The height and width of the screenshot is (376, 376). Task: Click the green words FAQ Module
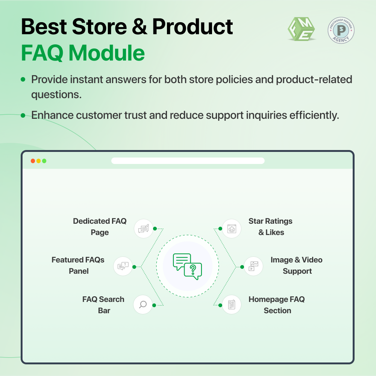coord(83,53)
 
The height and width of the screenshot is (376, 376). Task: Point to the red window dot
coord(33,161)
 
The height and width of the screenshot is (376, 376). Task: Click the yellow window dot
coord(38,161)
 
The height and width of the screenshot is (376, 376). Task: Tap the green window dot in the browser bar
coord(44,161)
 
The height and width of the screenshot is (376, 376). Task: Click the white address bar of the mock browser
coord(188,161)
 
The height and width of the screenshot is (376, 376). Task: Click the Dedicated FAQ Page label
coord(100,227)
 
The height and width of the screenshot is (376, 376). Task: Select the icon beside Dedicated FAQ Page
coord(143,229)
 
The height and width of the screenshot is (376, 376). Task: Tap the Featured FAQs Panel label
coord(78,265)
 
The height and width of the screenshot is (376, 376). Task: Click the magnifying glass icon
coord(143,305)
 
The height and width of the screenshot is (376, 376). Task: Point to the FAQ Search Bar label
coord(103,305)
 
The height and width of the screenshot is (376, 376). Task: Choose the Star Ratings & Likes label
coord(270,227)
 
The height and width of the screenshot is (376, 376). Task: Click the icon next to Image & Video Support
coord(254,266)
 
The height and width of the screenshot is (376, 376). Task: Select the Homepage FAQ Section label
coord(277,305)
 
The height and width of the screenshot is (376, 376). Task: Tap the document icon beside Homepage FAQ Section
coord(232,305)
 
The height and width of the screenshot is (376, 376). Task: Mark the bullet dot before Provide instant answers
coord(23,80)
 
